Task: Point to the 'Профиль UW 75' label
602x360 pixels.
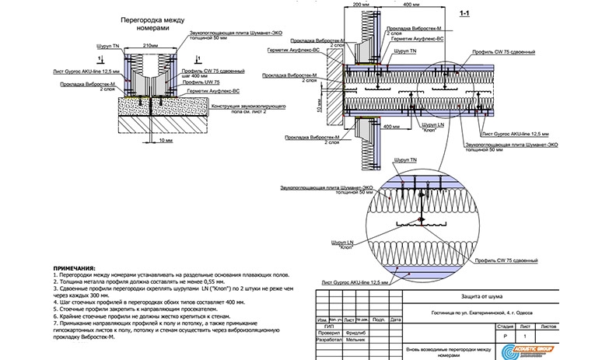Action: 200,82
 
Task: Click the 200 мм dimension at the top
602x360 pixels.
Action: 360,4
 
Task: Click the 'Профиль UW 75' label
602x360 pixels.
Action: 200,82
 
